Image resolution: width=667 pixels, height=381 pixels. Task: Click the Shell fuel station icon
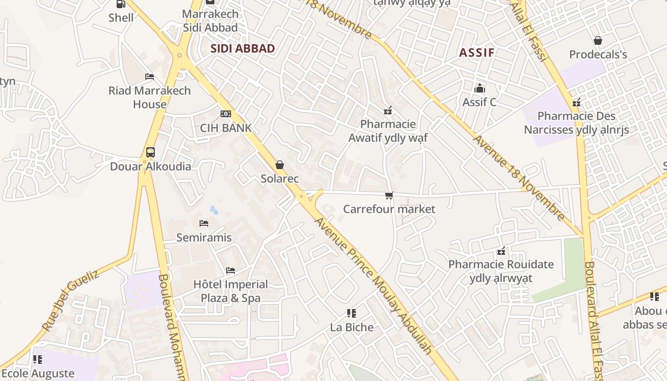click(121, 4)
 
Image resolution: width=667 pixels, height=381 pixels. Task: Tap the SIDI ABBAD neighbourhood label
click(243, 49)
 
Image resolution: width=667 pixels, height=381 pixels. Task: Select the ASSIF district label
click(476, 52)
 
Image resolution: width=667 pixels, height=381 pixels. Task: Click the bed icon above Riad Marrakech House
click(150, 77)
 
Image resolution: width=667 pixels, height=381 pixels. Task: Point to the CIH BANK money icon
click(226, 114)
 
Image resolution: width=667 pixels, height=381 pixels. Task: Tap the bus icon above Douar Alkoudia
click(151, 152)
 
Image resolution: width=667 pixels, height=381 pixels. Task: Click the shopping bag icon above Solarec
click(280, 165)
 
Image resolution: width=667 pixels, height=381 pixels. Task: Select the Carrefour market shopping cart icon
click(389, 195)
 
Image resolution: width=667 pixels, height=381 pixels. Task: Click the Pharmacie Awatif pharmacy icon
click(388, 110)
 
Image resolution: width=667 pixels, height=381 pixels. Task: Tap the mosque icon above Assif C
click(479, 88)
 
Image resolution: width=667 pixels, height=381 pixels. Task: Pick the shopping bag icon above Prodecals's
click(598, 40)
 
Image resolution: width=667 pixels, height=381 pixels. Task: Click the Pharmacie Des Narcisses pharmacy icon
click(576, 102)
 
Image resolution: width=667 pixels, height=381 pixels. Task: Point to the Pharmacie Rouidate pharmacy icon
click(501, 251)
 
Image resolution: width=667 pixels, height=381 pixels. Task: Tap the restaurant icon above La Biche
click(352, 313)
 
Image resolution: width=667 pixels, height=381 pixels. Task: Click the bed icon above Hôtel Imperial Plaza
click(231, 271)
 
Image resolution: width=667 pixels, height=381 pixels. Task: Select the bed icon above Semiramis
click(204, 223)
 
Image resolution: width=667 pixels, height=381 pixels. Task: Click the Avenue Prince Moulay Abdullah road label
click(374, 286)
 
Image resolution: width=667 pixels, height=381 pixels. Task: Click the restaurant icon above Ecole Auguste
click(38, 359)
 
